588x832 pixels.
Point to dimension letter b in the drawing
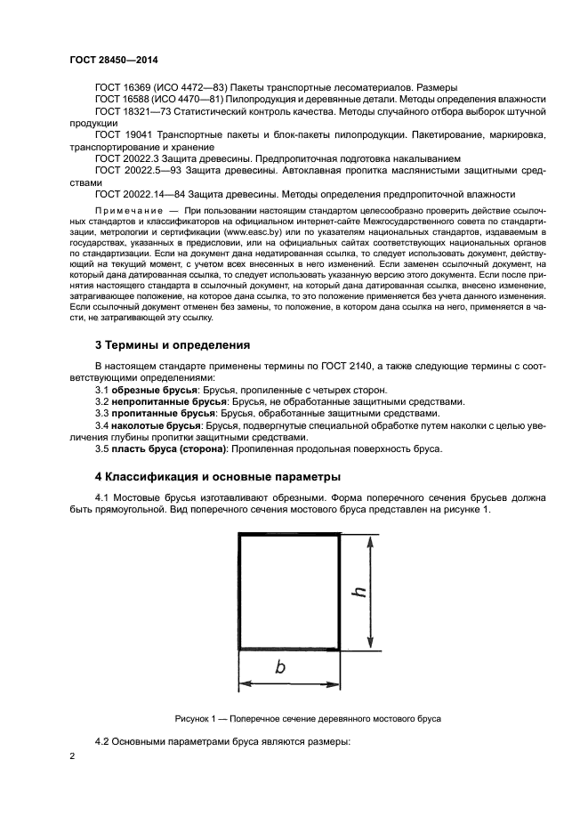coord(279,668)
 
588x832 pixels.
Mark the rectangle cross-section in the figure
coord(289,591)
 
